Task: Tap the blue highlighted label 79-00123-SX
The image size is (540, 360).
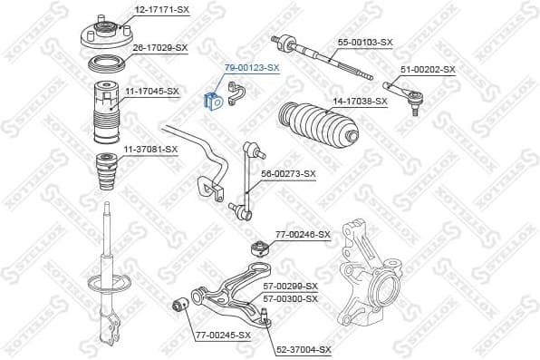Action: point(252,68)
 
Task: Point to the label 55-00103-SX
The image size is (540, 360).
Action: point(365,42)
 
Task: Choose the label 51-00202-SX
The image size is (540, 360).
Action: point(428,69)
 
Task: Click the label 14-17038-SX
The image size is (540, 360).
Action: point(360,101)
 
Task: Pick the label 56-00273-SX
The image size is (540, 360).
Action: point(288,173)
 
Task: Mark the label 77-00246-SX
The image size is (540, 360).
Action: point(304,234)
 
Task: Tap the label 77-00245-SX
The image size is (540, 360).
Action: point(222,336)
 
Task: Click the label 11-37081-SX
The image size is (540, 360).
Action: point(151,148)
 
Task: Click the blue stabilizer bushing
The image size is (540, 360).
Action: point(214,100)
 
